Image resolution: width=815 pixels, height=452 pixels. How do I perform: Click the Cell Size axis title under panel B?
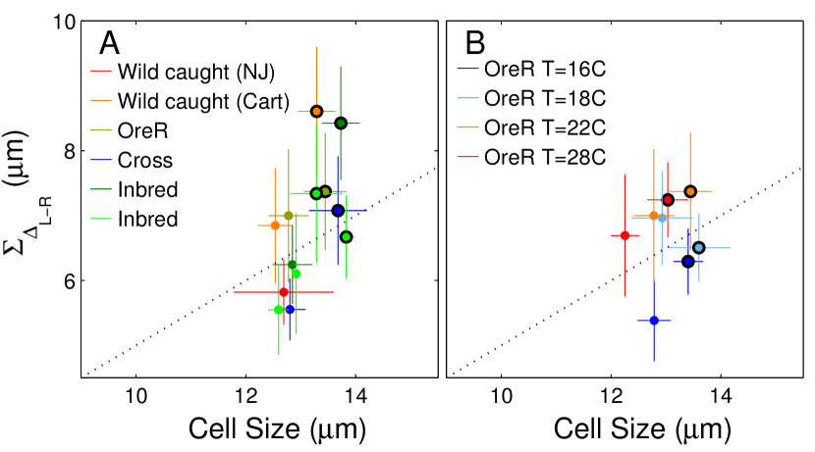643,429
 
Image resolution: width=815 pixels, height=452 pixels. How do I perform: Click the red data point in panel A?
284,292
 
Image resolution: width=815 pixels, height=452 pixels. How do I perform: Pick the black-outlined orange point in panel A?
316,112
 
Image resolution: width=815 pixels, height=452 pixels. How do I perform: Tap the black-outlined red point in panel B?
668,199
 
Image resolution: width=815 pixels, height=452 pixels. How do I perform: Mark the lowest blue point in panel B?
654,321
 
